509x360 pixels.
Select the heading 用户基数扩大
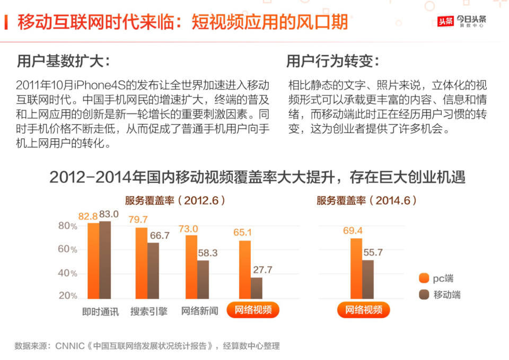coord(63,61)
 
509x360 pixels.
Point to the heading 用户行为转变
coord(332,61)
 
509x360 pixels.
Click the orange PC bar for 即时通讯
coord(93,261)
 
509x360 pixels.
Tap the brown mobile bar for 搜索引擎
coord(153,271)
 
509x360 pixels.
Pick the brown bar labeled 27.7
coord(257,288)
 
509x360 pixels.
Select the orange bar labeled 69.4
coord(356,269)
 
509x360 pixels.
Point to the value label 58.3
coord(207,253)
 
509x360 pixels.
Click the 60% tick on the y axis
coord(67,249)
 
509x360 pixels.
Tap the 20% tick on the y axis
coord(67,295)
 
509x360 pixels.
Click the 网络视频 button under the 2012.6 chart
coord(253,310)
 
